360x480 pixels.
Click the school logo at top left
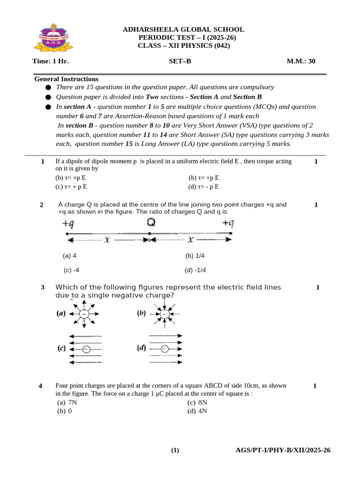(52, 38)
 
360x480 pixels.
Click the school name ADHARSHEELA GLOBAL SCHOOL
(183, 30)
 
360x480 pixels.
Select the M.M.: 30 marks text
(304, 61)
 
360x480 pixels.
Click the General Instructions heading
(66, 79)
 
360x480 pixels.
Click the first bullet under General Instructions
(48, 88)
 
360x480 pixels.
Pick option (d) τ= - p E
(204, 187)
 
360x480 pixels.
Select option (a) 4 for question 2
(69, 256)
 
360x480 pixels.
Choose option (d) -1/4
(195, 270)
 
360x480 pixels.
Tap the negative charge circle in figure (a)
(84, 314)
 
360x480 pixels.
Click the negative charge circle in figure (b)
(164, 314)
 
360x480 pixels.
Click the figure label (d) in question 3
(141, 348)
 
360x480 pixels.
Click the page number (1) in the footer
(175, 451)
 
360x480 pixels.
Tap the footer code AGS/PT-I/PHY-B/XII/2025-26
(283, 450)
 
